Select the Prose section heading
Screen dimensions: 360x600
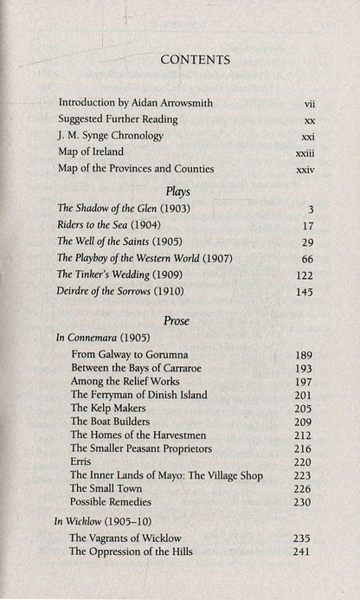pos(178,320)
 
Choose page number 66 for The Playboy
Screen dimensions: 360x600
pos(303,259)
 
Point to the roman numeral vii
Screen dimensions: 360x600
pos(302,103)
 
